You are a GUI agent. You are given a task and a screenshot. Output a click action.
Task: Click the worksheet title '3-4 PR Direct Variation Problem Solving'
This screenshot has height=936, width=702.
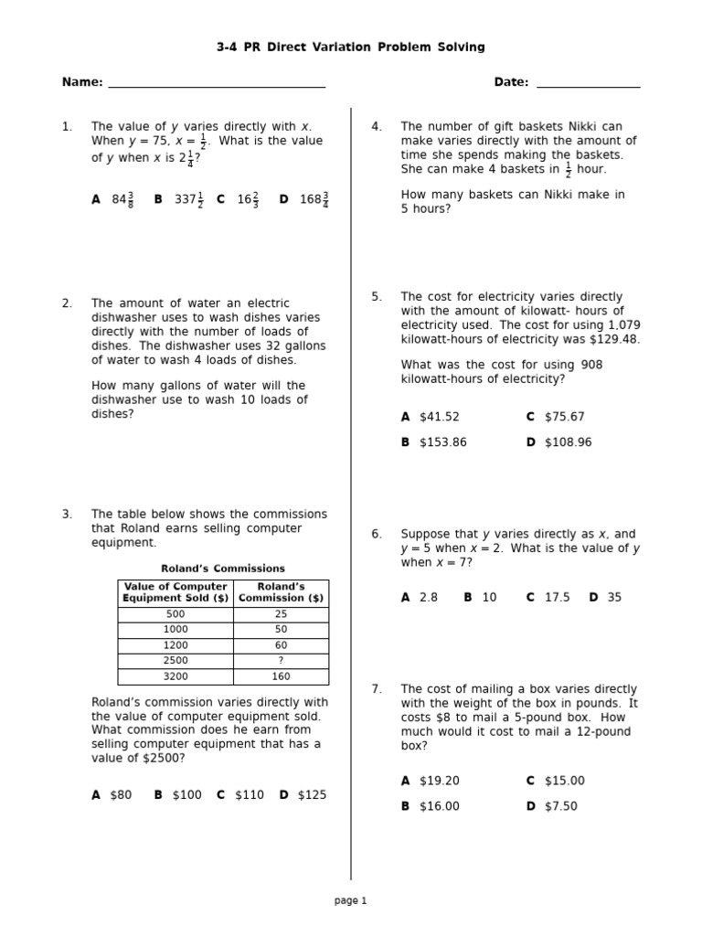351,47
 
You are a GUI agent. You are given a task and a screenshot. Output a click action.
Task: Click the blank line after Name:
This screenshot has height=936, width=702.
217,86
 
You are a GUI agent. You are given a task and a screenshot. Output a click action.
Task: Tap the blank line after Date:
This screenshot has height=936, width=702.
588,86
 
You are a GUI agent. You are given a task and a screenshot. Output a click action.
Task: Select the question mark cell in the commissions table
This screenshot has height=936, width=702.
281,661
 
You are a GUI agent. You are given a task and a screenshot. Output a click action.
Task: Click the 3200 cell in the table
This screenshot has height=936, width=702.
175,676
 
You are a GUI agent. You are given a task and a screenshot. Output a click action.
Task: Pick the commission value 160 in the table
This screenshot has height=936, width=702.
281,676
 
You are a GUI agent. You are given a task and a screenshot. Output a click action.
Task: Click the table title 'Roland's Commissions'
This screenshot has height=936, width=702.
223,569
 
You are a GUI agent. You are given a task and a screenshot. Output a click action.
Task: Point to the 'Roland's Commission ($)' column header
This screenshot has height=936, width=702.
281,592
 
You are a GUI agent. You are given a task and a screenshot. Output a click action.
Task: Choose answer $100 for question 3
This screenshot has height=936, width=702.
186,795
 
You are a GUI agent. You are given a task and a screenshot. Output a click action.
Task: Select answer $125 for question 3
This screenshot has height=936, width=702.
311,795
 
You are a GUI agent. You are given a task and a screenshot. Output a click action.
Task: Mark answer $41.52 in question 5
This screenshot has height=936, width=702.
439,417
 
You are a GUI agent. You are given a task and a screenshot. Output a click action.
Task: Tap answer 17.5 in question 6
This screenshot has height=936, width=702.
557,598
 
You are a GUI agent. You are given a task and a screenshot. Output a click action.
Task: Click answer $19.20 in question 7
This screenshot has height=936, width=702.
439,781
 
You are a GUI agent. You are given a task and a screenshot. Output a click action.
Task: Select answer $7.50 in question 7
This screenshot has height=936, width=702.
560,806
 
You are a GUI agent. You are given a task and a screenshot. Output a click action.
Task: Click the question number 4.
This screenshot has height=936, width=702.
376,127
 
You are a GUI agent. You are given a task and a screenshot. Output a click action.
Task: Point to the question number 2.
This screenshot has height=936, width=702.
67,303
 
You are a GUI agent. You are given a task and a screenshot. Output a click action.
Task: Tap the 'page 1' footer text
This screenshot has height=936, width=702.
350,900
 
